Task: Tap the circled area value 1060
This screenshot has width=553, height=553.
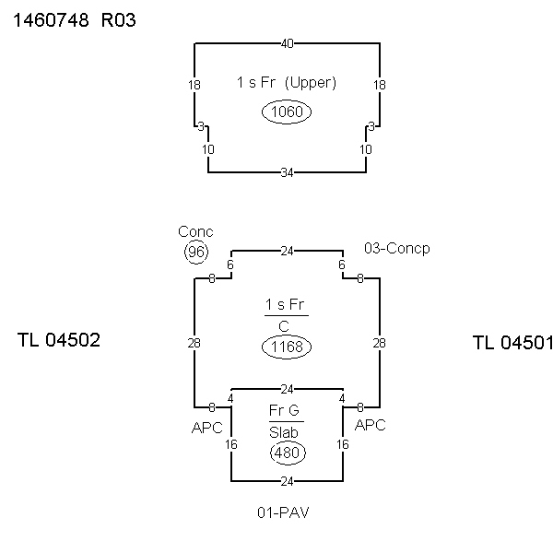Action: [x=287, y=112]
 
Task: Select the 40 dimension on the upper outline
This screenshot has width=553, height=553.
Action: [x=287, y=42]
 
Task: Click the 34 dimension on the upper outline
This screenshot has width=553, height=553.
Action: [x=287, y=172]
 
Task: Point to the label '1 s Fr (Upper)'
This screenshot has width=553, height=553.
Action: [x=287, y=82]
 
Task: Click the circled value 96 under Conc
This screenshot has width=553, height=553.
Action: [x=195, y=252]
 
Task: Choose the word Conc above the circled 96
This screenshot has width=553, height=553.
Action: [x=195, y=232]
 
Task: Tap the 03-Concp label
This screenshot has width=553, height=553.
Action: [x=397, y=249]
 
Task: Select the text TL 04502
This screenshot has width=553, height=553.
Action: [x=58, y=340]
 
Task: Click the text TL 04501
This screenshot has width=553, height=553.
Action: [x=512, y=343]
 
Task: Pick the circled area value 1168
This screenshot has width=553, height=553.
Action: [x=287, y=347]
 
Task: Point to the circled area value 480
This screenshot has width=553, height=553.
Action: [x=287, y=453]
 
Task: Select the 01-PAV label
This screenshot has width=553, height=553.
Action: [x=283, y=512]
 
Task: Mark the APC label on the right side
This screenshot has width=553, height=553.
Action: [x=370, y=426]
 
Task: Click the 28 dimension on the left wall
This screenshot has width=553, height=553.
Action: [x=194, y=343]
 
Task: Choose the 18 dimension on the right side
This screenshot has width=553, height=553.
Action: [x=379, y=85]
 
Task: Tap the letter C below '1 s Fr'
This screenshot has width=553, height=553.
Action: [x=287, y=324]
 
